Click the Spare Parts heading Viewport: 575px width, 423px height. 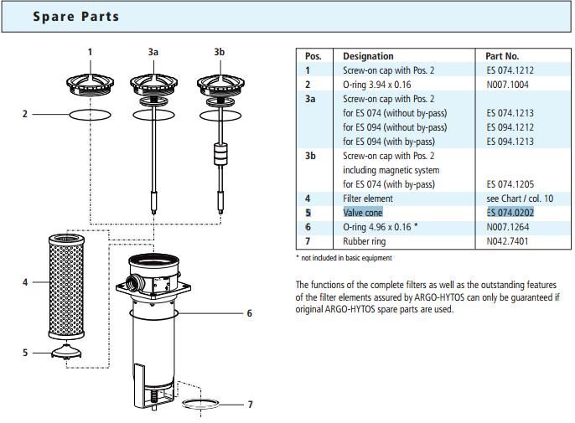pyautogui.click(x=76, y=17)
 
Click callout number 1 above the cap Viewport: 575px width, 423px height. pyautogui.click(x=90, y=52)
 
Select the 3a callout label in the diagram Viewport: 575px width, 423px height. pyautogui.click(x=153, y=52)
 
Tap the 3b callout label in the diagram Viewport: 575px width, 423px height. pyautogui.click(x=220, y=52)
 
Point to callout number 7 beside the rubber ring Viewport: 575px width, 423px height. pyautogui.click(x=250, y=405)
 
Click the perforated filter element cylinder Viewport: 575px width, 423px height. pyautogui.click(x=66, y=286)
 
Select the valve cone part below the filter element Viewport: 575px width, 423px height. pyautogui.click(x=66, y=352)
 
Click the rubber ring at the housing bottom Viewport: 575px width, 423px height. pyautogui.click(x=200, y=404)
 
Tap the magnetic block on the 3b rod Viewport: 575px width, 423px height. pyautogui.click(x=220, y=154)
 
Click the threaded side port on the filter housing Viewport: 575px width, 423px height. pyautogui.click(x=132, y=283)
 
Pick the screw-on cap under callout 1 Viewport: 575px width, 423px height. pyautogui.click(x=91, y=85)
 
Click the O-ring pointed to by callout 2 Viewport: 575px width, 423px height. pyautogui.click(x=91, y=115)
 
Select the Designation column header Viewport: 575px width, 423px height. pyautogui.click(x=368, y=56)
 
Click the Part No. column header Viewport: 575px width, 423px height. pyautogui.click(x=502, y=56)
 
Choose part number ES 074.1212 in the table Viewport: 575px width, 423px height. pyautogui.click(x=510, y=70)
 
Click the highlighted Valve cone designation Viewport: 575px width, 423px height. pyautogui.click(x=363, y=213)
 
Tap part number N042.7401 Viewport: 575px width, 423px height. pyautogui.click(x=508, y=241)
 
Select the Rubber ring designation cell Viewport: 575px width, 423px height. pyautogui.click(x=364, y=241)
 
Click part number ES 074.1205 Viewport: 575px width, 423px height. pyautogui.click(x=510, y=184)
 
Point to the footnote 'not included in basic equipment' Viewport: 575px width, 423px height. pyautogui.click(x=346, y=258)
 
